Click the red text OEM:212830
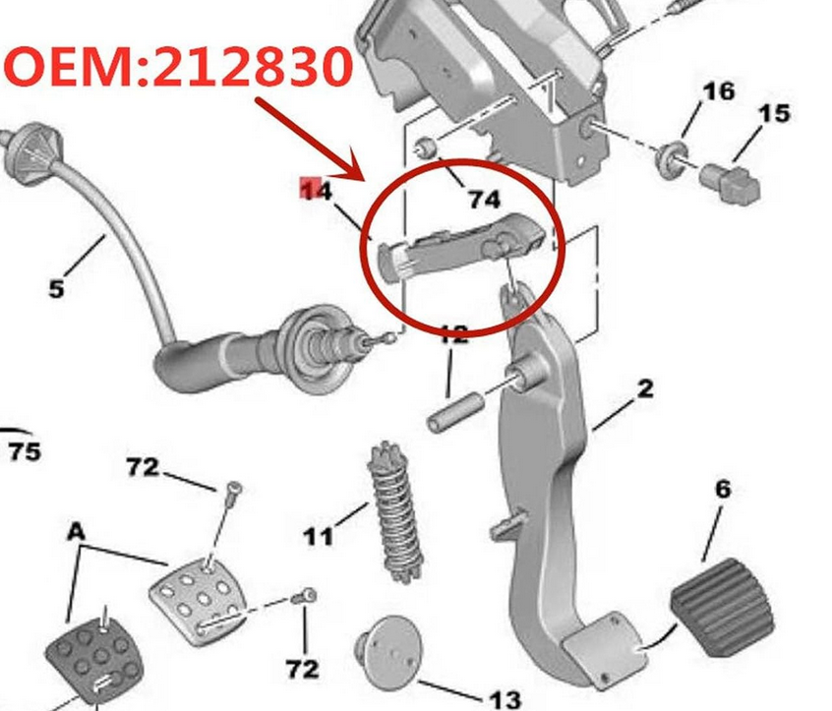178,67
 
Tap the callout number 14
317,190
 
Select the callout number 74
484,199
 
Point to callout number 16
719,90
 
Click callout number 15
774,113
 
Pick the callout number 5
56,289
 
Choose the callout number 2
645,388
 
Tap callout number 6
723,489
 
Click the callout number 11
319,536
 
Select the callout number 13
505,700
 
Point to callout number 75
25,451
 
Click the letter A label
77,531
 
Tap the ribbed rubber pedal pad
723,607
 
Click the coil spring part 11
395,512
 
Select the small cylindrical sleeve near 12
455,412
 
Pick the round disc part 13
388,652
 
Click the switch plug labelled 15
731,183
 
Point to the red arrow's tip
365,181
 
